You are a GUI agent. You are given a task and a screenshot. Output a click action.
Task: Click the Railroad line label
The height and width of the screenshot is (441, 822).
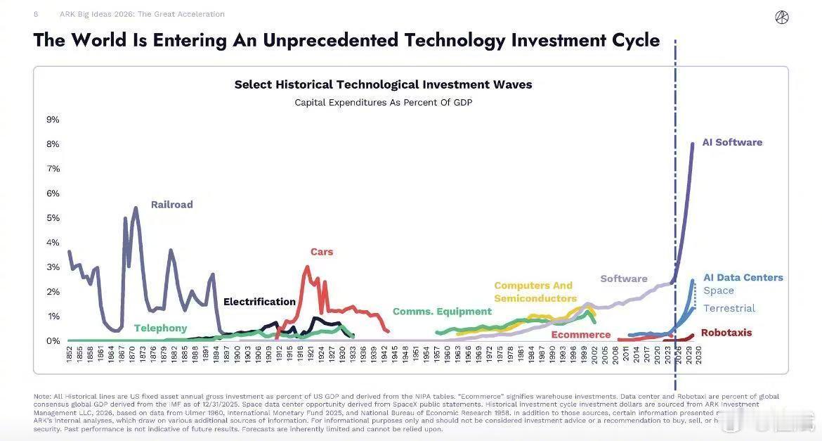pyautogui.click(x=171, y=205)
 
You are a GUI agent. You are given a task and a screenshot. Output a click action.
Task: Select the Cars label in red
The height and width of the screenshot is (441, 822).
pyautogui.click(x=322, y=252)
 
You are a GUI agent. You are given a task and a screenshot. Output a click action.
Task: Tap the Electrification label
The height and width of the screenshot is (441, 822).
pyautogui.click(x=259, y=302)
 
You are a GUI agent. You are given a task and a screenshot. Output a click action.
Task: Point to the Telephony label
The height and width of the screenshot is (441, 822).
pyautogui.click(x=160, y=328)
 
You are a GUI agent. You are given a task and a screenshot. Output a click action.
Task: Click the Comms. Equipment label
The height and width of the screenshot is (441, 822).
pyautogui.click(x=442, y=312)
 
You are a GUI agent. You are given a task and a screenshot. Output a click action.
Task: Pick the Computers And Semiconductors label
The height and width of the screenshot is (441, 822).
pyautogui.click(x=535, y=292)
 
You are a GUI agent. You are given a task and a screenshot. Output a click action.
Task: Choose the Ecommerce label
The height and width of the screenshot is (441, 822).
pyautogui.click(x=580, y=335)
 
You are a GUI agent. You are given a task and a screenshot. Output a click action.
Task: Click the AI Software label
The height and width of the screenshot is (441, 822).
pyautogui.click(x=732, y=142)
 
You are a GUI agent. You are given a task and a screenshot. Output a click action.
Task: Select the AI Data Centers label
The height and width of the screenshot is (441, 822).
pyautogui.click(x=743, y=278)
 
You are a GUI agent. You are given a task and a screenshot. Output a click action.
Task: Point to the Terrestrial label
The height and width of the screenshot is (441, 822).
pyautogui.click(x=729, y=308)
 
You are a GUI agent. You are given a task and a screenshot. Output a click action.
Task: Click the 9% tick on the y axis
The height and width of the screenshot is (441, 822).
pyautogui.click(x=53, y=120)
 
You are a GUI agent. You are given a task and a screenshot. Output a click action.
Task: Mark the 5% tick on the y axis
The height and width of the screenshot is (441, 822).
pyautogui.click(x=53, y=218)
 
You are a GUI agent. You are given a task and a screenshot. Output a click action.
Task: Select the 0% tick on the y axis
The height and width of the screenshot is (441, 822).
pyautogui.click(x=53, y=341)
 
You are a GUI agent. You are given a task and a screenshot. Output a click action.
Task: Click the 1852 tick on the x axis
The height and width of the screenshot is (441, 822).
pyautogui.click(x=70, y=354)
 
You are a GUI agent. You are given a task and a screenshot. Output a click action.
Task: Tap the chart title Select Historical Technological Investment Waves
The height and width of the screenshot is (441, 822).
pyautogui.click(x=383, y=84)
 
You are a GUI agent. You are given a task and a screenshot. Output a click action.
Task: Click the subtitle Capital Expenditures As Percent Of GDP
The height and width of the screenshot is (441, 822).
pyautogui.click(x=383, y=103)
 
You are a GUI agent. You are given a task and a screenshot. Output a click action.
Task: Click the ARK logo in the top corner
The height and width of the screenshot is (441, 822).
pyautogui.click(x=781, y=18)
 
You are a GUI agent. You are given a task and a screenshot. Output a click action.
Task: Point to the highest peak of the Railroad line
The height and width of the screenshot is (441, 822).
pyautogui.click(x=135, y=208)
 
